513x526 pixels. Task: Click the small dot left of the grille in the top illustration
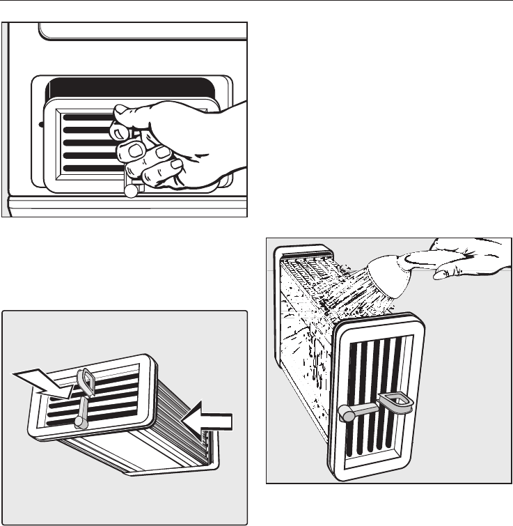[x=42, y=125]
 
